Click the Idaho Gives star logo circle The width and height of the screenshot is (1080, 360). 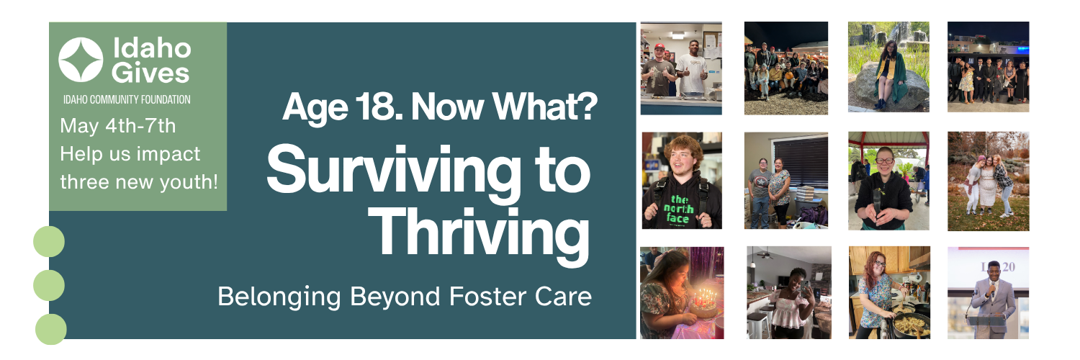tap(81, 60)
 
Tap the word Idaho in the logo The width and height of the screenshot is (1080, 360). tap(152, 49)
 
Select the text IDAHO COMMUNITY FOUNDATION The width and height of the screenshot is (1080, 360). tap(127, 100)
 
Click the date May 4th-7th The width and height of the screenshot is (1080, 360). tap(117, 126)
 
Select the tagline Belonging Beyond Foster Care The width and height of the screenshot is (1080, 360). tap(405, 297)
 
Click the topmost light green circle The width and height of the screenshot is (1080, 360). tap(49, 241)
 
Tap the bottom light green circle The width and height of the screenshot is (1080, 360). tap(50, 330)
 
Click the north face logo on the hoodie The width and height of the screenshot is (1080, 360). tap(678, 209)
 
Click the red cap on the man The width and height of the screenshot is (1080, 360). tap(660, 46)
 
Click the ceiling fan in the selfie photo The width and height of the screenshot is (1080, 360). tap(765, 254)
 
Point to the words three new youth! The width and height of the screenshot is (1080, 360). tap(139, 182)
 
